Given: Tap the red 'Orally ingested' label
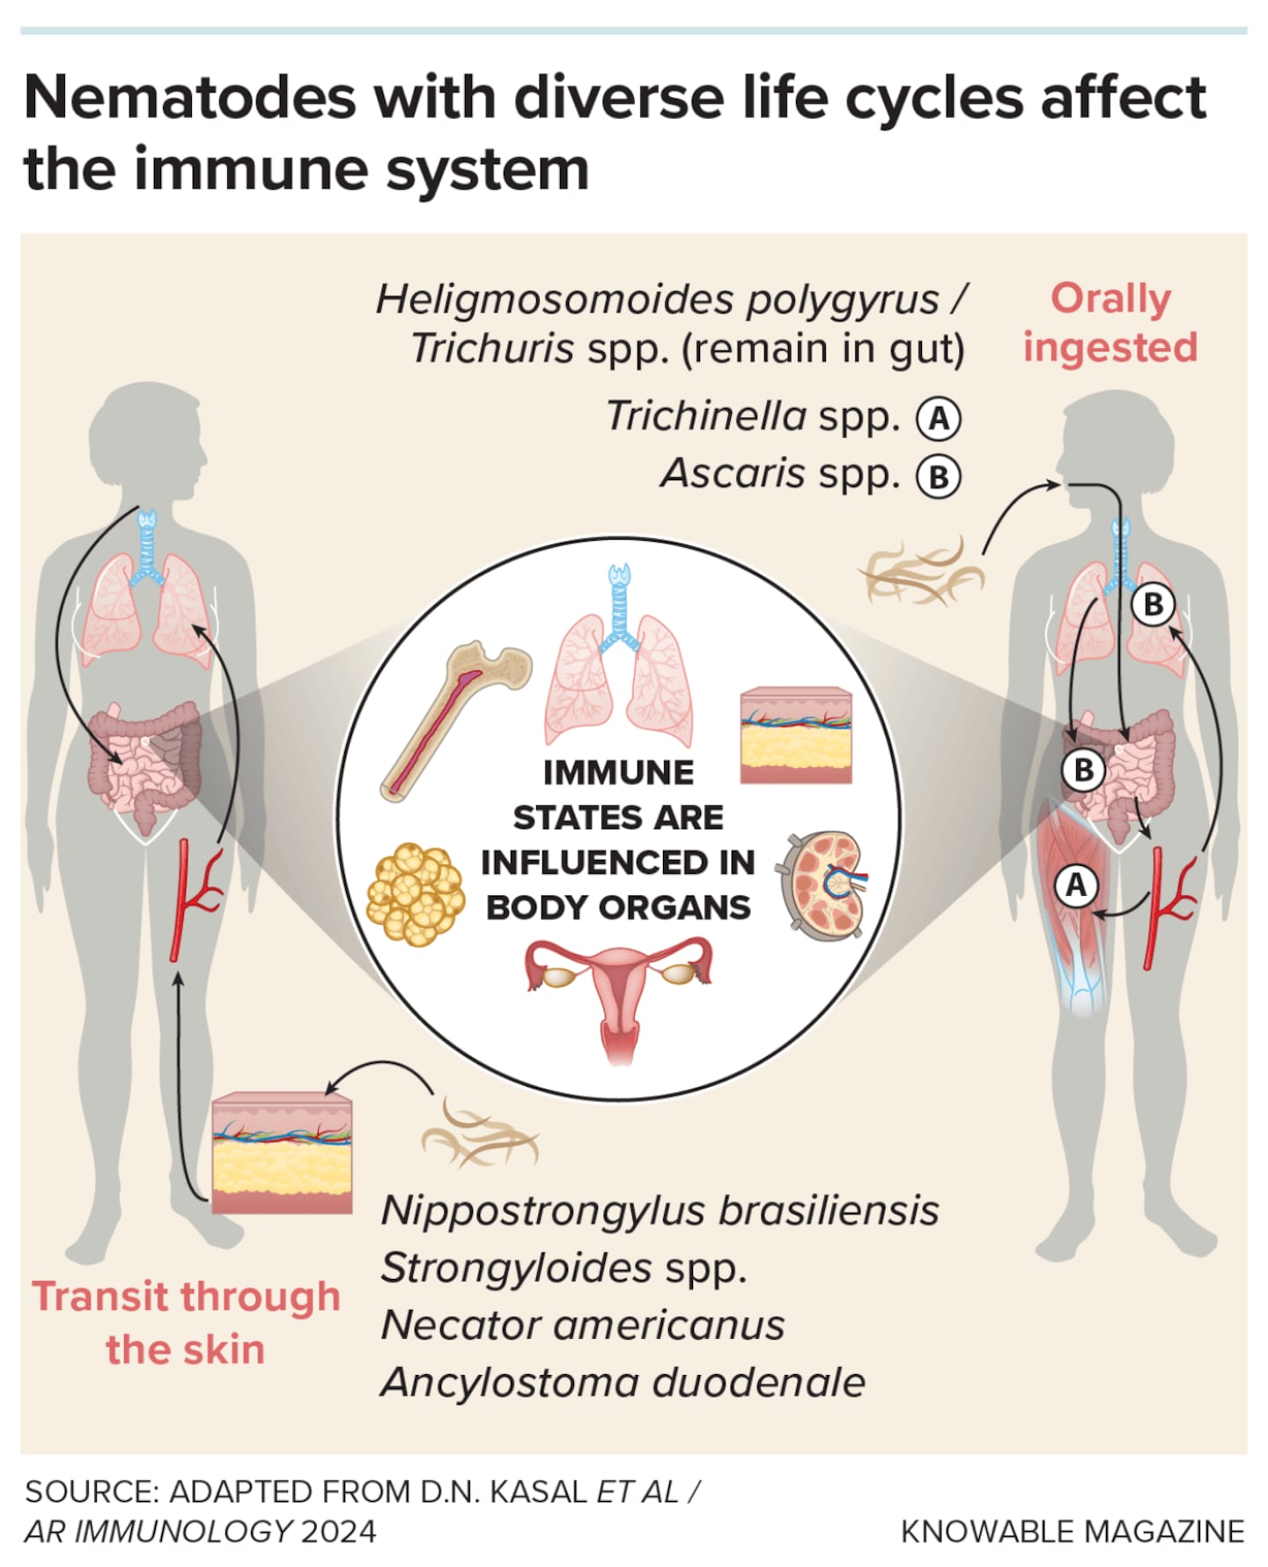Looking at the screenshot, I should pyautogui.click(x=1109, y=322).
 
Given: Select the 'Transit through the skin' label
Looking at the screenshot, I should pyautogui.click(x=186, y=1322).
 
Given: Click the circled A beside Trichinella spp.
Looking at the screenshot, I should pyautogui.click(x=939, y=418).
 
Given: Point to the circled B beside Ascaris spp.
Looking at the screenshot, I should pyautogui.click(x=939, y=477).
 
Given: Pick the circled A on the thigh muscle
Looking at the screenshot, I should pyautogui.click(x=1076, y=884).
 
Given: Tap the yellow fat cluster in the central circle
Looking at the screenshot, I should pyautogui.click(x=415, y=893).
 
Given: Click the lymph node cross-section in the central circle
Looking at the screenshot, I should pyautogui.click(x=823, y=885).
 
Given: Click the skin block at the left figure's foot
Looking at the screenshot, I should pyautogui.click(x=282, y=1153).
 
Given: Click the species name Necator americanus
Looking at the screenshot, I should pyautogui.click(x=582, y=1326).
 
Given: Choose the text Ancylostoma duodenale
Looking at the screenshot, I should pyautogui.click(x=623, y=1383).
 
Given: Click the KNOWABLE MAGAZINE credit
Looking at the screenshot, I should pyautogui.click(x=1073, y=1531).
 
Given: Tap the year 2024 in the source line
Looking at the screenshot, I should pyautogui.click(x=338, y=1531).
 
